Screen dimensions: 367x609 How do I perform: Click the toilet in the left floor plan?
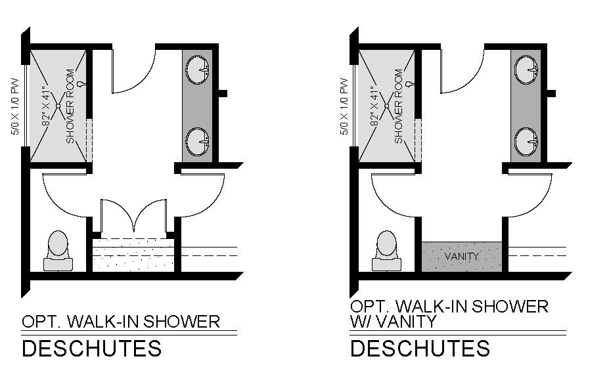58,250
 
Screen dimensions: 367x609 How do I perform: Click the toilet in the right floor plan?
386,250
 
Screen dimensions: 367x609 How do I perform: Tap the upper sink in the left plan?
197,68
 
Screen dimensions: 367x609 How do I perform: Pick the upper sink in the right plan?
526,68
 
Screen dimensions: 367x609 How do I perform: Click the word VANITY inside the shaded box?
462,256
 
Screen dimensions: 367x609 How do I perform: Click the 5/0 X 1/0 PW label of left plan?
15,106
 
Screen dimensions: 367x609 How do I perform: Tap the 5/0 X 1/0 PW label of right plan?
344,106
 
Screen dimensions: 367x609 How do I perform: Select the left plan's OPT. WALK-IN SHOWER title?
121,322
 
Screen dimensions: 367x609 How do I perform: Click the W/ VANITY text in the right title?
393,322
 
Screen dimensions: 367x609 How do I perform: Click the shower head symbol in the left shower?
81,83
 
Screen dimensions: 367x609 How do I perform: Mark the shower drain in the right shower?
387,105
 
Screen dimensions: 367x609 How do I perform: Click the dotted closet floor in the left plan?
134,255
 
